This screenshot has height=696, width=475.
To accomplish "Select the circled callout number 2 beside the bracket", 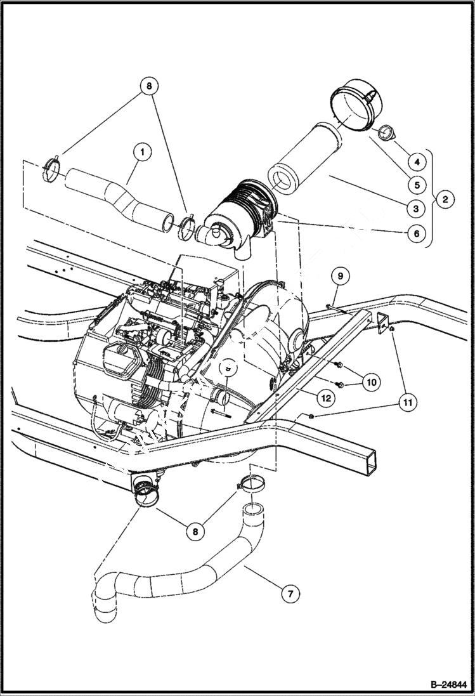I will point(445,199).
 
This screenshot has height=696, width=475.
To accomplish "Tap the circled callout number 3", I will point(416,207).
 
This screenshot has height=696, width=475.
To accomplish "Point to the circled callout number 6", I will point(416,233).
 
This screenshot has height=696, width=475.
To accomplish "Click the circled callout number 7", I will point(290,594).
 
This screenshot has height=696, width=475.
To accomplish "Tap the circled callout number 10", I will point(371,382).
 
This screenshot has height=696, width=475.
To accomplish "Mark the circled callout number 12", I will point(326,398).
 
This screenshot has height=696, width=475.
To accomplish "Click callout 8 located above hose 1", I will point(150,86).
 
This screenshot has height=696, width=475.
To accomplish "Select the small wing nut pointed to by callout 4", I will point(386,133).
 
